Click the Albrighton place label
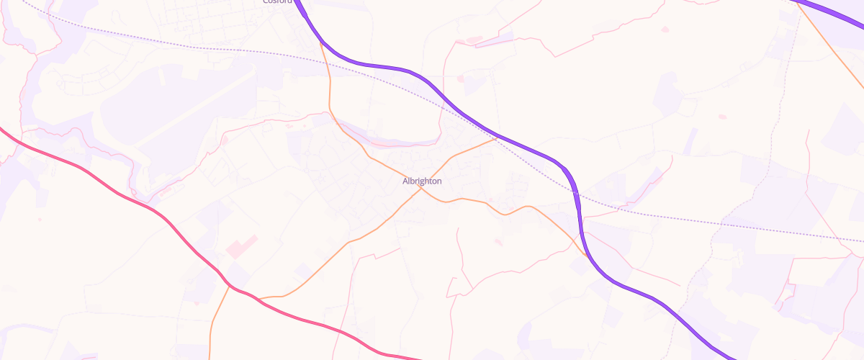point(422,181)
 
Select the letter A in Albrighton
point(405,181)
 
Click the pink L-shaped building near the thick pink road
point(241,246)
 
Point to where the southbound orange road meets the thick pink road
point(229,286)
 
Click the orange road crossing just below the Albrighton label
point(420,190)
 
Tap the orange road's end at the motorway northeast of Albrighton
point(496,138)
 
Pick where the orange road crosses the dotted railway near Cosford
point(325,57)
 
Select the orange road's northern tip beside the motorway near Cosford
point(320,42)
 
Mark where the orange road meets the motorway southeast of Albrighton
point(585,254)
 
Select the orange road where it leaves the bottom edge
point(210,356)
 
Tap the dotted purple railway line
point(648,211)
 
